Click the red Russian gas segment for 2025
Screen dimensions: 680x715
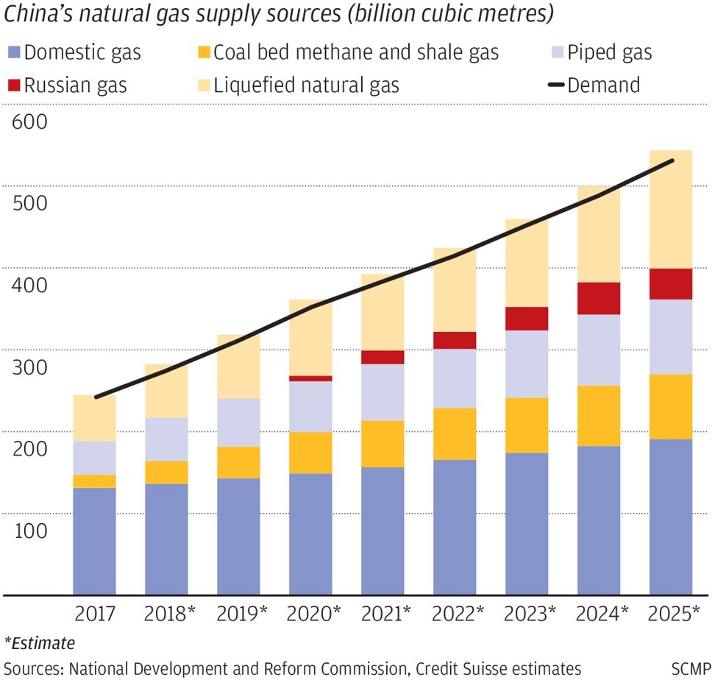(670, 284)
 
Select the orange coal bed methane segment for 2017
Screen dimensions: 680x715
(95, 481)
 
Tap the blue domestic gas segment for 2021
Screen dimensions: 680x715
(383, 530)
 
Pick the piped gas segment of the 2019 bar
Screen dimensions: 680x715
(238, 422)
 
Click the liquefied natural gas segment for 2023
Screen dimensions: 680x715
(527, 263)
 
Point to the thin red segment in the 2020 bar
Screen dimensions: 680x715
(310, 378)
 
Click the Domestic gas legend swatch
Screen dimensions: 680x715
(13, 53)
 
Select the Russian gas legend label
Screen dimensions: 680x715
(75, 85)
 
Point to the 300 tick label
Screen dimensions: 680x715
(29, 367)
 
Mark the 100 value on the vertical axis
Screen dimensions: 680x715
(29, 531)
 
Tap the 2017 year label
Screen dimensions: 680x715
(95, 612)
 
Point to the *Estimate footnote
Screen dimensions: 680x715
(40, 643)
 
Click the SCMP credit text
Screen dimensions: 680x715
(690, 668)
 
